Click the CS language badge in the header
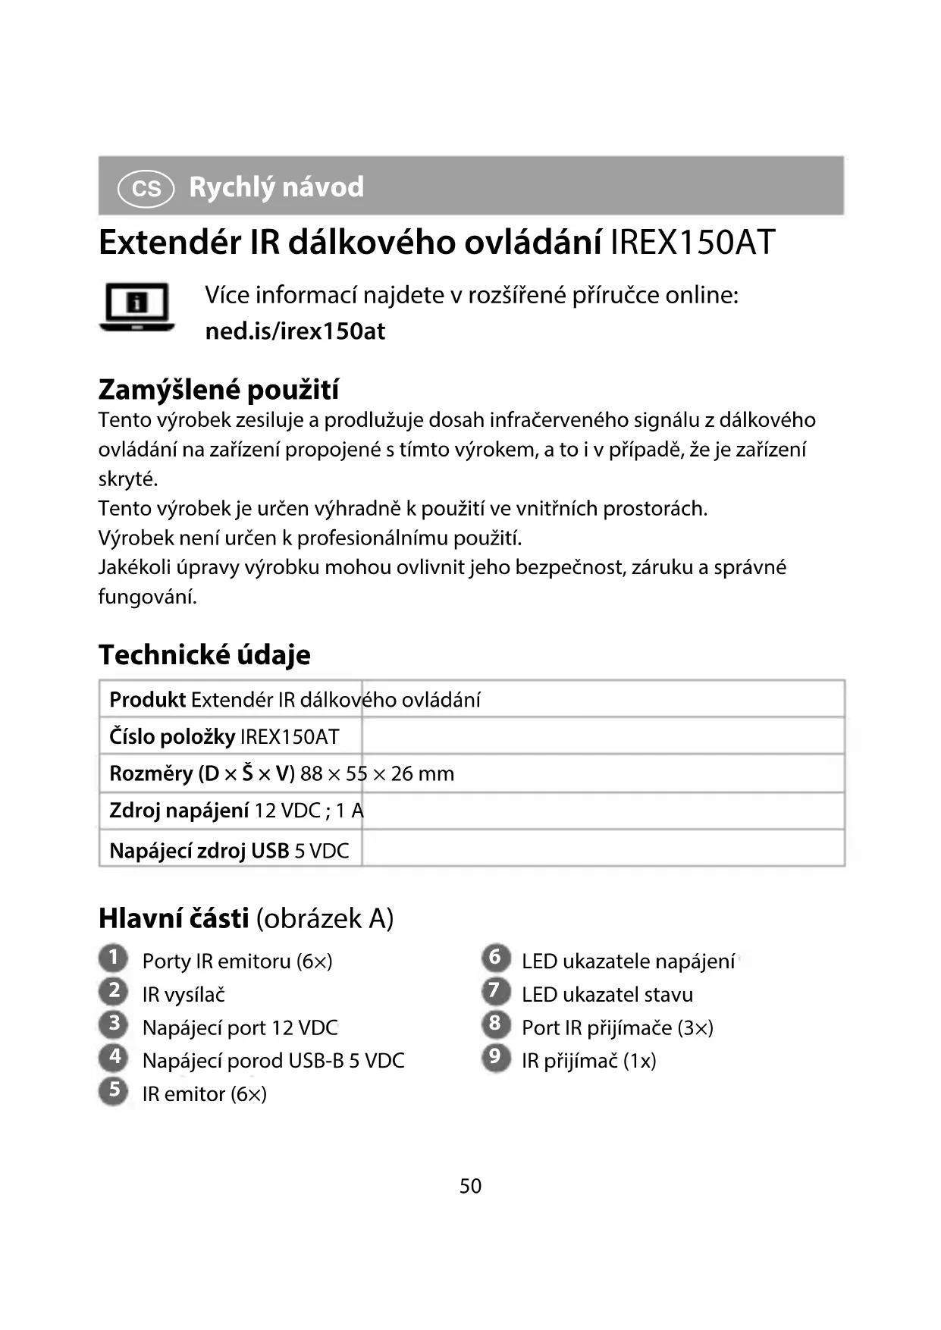point(146,188)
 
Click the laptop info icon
point(137,307)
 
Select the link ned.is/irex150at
point(295,331)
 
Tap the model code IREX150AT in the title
point(692,243)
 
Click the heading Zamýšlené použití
point(218,390)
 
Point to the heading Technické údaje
point(204,654)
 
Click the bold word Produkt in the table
point(147,699)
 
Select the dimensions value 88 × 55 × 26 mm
point(377,773)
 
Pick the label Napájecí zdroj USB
point(199,851)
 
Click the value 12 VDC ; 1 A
point(309,811)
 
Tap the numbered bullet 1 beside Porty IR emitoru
point(113,958)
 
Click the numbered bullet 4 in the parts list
point(114,1056)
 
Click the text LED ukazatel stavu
point(607,994)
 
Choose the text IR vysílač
point(183,994)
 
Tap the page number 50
point(470,1186)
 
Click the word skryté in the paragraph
point(127,479)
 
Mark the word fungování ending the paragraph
point(147,597)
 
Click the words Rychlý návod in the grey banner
point(276,187)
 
